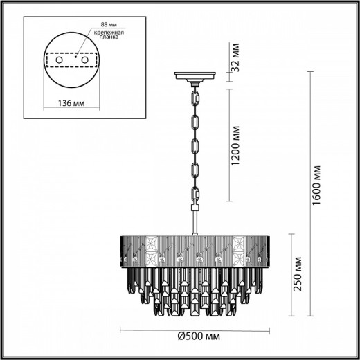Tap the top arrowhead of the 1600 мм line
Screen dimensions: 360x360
(x=305, y=73)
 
